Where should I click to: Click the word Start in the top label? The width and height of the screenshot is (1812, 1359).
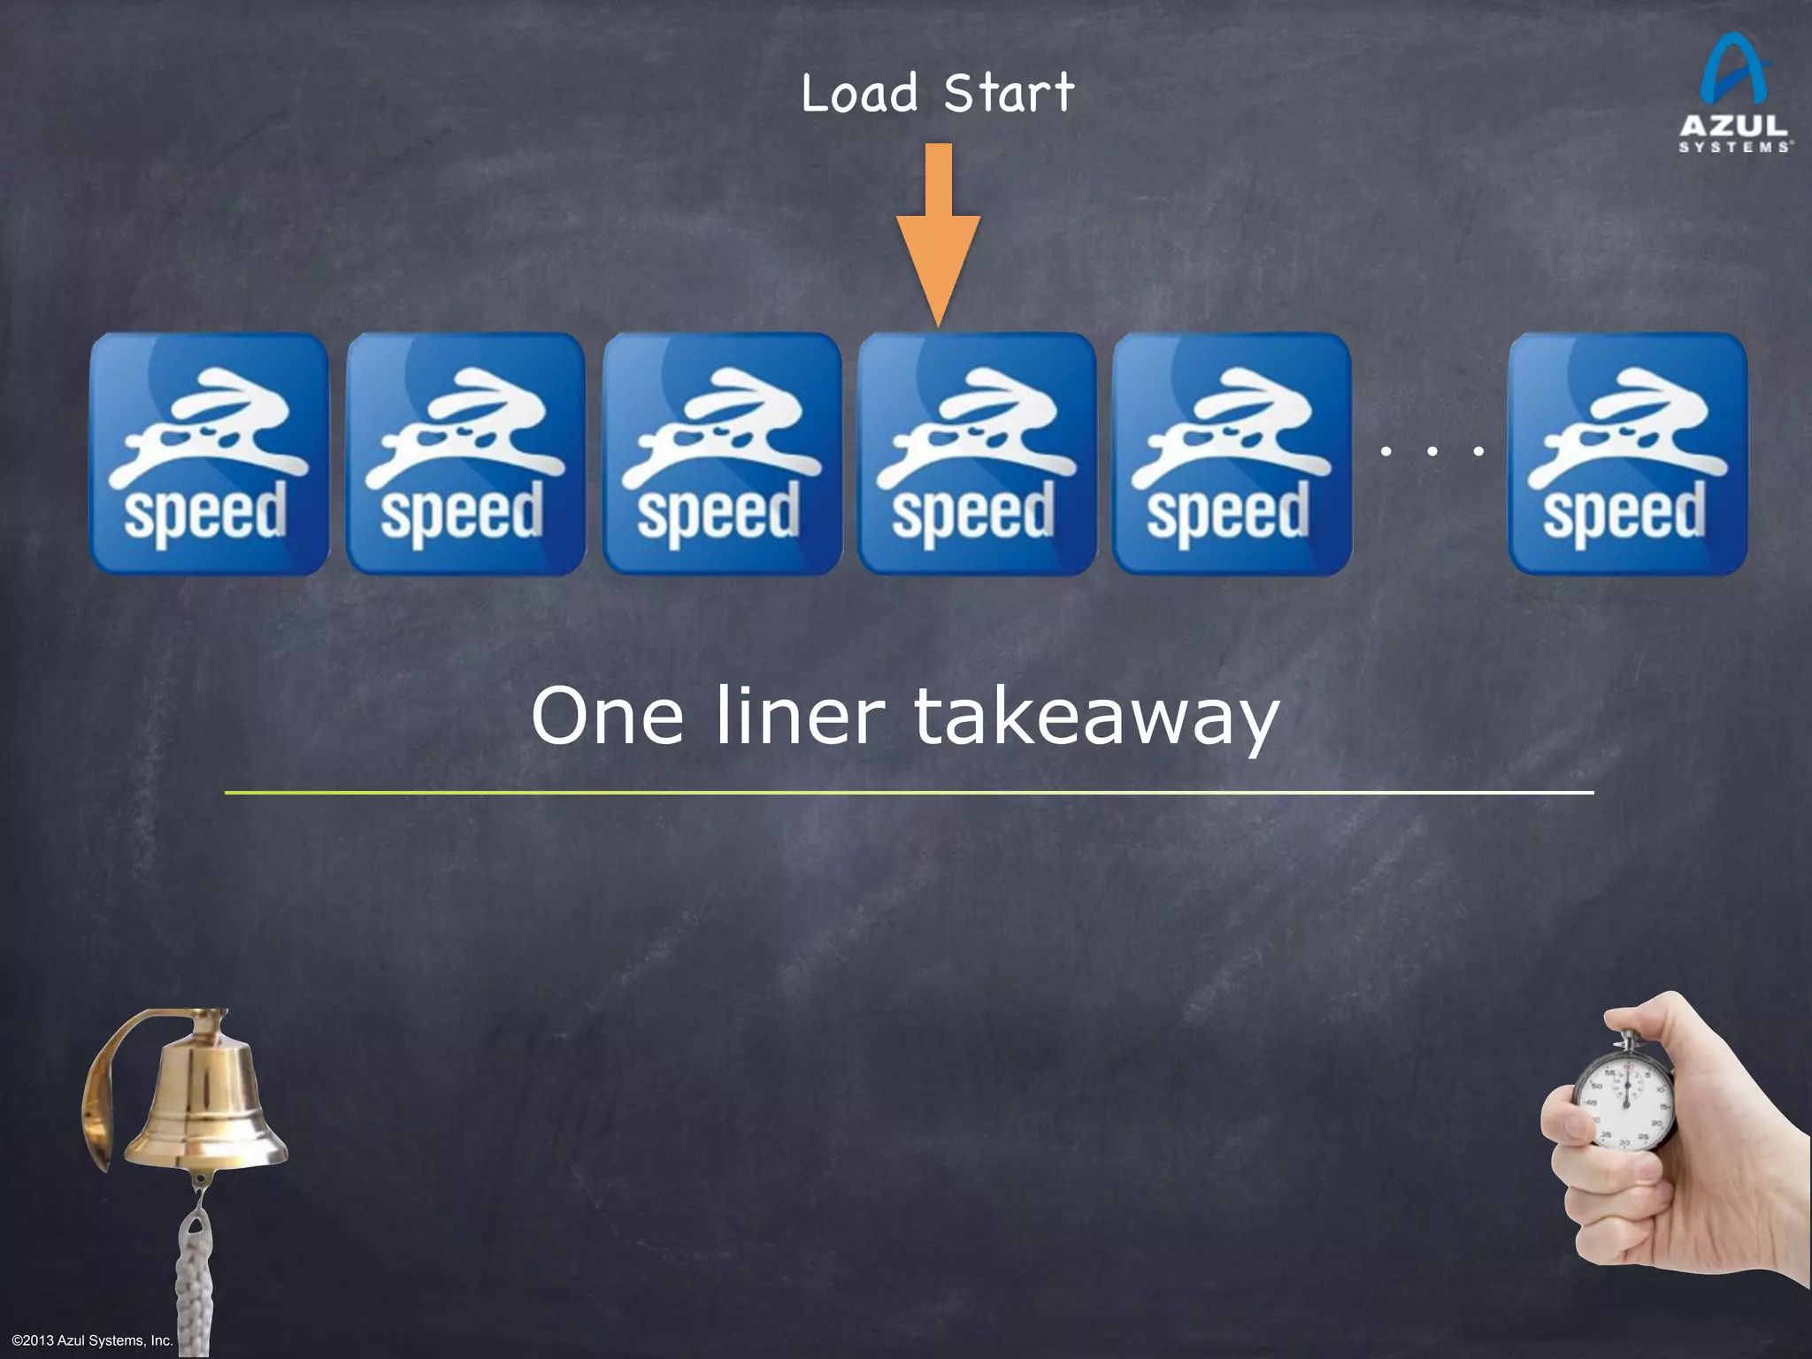(1009, 94)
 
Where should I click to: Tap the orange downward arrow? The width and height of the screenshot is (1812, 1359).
(938, 239)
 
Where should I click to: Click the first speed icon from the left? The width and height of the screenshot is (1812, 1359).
(209, 454)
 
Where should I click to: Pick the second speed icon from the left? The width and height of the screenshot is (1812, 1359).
(465, 454)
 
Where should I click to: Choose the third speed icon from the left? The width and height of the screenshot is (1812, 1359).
(722, 454)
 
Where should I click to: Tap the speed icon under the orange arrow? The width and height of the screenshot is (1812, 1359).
(977, 454)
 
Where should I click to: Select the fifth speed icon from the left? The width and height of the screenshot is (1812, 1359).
(1232, 454)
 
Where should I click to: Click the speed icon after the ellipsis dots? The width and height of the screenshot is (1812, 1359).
(1628, 454)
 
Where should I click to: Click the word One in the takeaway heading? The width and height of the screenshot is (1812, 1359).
(607, 717)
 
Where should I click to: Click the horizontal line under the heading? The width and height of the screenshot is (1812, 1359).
(910, 793)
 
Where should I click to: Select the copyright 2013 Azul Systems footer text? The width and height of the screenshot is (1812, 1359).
(92, 1340)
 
